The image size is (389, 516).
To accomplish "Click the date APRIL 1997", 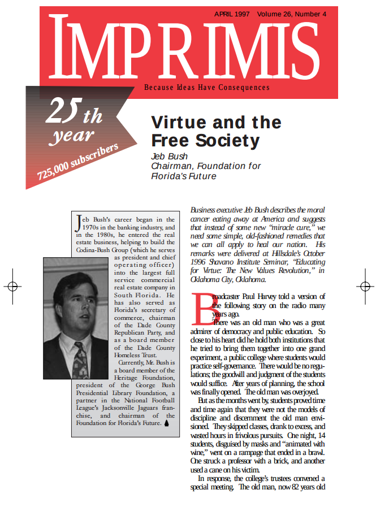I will [x=232, y=14].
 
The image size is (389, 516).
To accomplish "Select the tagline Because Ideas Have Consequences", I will [x=207, y=88].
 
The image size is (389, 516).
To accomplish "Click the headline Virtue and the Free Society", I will [x=217, y=131].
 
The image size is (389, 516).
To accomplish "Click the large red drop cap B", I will [x=202, y=306].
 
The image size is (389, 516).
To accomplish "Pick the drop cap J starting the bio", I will [x=78, y=223].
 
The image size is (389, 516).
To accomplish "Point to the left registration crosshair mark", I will [x=12, y=287].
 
